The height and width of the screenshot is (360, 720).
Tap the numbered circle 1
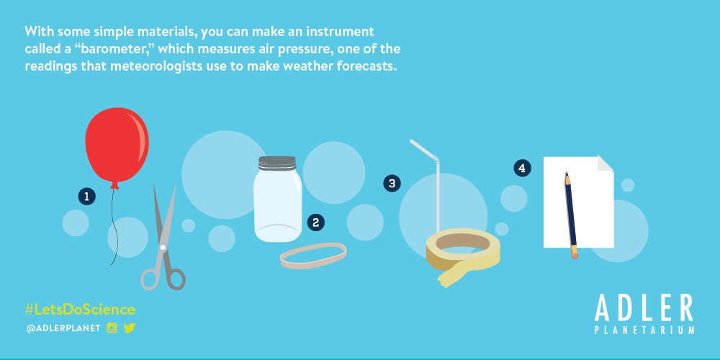(x=87, y=197)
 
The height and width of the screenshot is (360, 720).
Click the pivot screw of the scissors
(x=163, y=248)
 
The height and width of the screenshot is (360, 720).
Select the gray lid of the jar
(x=277, y=163)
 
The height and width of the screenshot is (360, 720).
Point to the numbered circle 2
(x=315, y=222)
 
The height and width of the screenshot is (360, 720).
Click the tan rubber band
(x=314, y=256)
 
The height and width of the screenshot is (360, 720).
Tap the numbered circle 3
(x=392, y=184)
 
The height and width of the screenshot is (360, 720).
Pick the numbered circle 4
(x=522, y=168)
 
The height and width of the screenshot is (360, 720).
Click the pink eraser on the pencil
(x=575, y=255)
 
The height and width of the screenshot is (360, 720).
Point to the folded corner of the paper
(x=606, y=163)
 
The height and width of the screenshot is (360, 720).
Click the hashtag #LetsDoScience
(x=80, y=310)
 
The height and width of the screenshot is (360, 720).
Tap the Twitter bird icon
(x=130, y=328)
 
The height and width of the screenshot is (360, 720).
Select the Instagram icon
(x=112, y=328)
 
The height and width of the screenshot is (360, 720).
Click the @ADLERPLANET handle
(x=63, y=329)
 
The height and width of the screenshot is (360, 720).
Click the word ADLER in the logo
(x=644, y=308)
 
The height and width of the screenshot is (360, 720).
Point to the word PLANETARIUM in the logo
(x=644, y=330)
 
